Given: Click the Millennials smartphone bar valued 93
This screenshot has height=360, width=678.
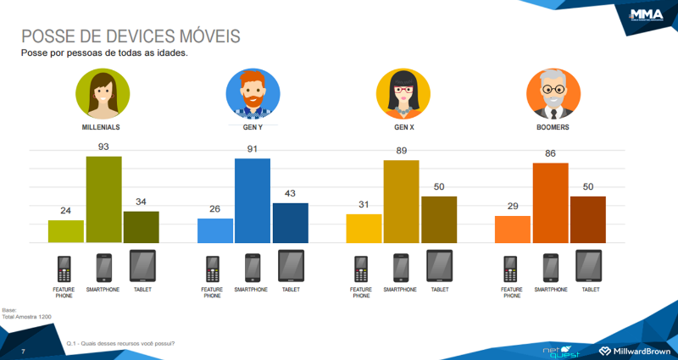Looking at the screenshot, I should (103, 200).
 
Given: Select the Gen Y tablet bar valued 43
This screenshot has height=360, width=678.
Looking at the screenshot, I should (290, 223).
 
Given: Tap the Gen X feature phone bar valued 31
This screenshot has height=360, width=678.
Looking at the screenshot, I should (364, 228).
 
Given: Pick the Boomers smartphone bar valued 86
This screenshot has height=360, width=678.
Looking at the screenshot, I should (550, 202).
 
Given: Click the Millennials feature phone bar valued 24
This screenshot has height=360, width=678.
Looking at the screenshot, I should (66, 231).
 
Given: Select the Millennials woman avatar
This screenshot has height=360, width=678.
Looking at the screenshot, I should (103, 92).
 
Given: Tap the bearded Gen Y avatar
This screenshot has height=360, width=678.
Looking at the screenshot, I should (252, 92).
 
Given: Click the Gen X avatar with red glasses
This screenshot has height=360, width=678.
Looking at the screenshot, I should (402, 92).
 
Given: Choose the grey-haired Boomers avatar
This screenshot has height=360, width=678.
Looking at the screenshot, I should (552, 92).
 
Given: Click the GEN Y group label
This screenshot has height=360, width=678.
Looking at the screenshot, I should (253, 127).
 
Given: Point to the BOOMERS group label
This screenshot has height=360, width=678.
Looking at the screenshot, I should (552, 127).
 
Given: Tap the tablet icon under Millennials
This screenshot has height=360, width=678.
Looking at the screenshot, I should (142, 266).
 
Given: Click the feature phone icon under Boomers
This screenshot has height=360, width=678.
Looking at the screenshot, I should (511, 269).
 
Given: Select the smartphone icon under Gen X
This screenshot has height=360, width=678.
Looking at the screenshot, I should (400, 268).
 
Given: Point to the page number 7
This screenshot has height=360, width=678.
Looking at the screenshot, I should (23, 351).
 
